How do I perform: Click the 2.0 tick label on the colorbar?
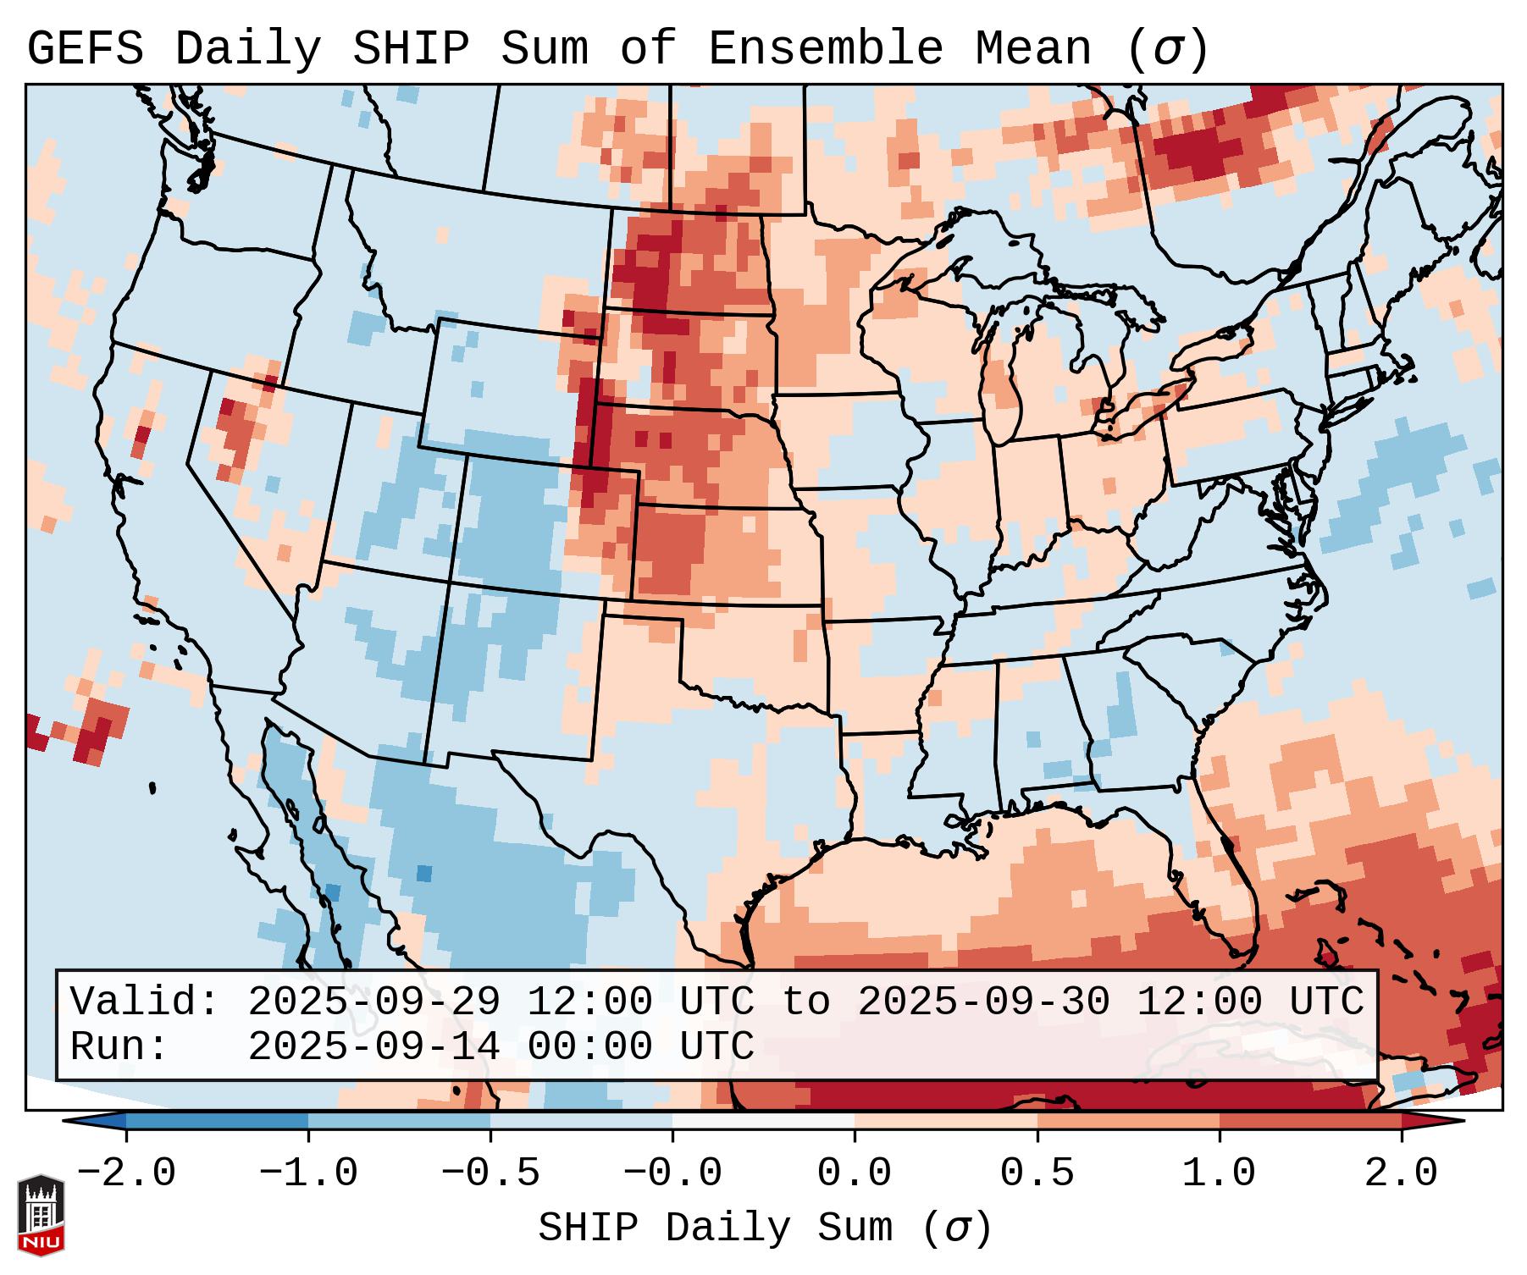pos(1401,1173)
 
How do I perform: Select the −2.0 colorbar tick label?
pos(126,1173)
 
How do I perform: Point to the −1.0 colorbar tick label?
pos(308,1173)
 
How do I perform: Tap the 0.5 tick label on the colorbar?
pos(1037,1173)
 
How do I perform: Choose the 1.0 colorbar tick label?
pos(1219,1173)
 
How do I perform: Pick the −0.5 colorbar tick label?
pos(490,1173)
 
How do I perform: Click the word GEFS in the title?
pos(85,49)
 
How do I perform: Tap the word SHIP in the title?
pos(410,49)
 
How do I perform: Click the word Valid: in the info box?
pos(145,1002)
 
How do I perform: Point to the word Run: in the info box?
pos(119,1046)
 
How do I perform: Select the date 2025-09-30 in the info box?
pos(983,1002)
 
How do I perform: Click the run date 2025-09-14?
pos(373,1046)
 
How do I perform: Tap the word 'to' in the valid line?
pos(805,1002)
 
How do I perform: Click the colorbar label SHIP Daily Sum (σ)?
pos(764,1228)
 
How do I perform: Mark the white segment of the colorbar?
pos(764,1121)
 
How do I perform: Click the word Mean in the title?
pos(1032,49)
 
